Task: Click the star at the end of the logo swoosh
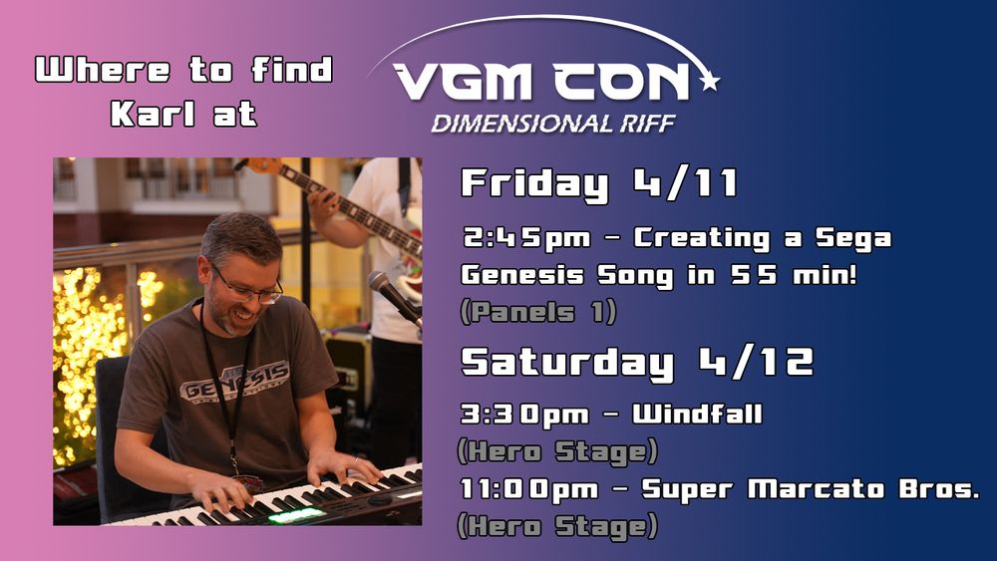click(710, 81)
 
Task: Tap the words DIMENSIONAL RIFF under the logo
click(552, 124)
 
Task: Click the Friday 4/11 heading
click(599, 184)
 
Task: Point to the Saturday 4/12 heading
click(637, 363)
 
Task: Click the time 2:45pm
click(526, 239)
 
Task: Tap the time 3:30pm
click(524, 416)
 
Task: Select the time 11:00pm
click(529, 490)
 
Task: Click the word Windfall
click(697, 415)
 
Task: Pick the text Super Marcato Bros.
click(811, 489)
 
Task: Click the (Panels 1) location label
click(537, 313)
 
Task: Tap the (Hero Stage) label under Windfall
click(557, 452)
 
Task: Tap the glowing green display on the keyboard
click(296, 516)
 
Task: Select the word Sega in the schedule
click(853, 239)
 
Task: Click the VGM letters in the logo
click(463, 82)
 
